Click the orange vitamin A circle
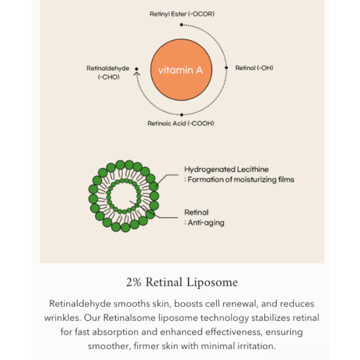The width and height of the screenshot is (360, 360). (180, 70)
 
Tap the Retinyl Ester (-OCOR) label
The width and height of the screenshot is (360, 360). (182, 14)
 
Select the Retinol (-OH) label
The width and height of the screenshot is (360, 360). (254, 68)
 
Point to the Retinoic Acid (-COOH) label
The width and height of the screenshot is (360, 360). (181, 123)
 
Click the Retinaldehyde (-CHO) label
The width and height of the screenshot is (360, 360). (108, 72)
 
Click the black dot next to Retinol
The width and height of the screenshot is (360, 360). (226, 68)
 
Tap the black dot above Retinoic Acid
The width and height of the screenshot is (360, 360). (181, 115)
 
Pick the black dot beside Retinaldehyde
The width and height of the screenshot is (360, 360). (137, 69)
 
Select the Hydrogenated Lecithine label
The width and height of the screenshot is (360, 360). (226, 169)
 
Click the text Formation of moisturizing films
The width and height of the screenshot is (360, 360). (241, 180)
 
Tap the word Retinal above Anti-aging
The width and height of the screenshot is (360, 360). (197, 212)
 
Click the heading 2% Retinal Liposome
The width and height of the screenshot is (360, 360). (182, 283)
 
